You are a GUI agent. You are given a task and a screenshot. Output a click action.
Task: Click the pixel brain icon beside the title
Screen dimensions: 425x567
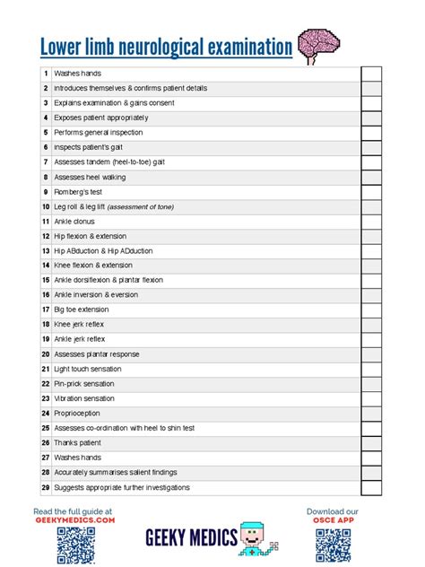tap(317, 45)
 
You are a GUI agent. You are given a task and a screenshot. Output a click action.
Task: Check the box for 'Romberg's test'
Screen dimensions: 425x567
tap(371, 192)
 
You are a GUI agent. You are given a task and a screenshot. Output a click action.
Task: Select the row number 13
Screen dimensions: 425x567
tap(45, 251)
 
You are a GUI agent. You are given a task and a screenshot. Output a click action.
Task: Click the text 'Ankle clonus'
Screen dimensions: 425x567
tap(74, 222)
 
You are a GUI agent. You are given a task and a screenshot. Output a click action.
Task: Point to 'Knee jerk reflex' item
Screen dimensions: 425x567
tap(79, 325)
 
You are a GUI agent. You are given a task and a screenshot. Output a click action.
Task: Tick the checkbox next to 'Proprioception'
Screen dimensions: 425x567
tap(371, 414)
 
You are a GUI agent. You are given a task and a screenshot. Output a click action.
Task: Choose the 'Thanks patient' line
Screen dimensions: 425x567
tap(77, 443)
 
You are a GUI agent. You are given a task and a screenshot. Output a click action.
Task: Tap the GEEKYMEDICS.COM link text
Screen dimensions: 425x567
tap(74, 520)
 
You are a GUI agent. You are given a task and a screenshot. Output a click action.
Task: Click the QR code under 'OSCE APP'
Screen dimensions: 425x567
tap(332, 545)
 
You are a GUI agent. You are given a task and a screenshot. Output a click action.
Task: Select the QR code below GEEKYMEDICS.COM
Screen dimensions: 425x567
tap(75, 545)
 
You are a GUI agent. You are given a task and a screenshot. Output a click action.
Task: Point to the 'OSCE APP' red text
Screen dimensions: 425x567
tap(332, 520)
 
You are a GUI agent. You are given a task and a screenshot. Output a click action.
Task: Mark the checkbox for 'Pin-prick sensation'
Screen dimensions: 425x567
tap(371, 384)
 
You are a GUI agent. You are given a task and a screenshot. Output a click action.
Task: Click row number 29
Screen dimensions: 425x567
tap(45, 487)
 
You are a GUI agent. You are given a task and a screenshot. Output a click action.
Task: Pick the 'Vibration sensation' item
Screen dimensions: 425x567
tap(84, 398)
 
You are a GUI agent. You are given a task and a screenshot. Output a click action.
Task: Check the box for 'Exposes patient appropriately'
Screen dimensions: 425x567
tap(371, 118)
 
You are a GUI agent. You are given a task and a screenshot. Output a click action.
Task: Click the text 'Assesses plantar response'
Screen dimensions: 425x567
tap(96, 354)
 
